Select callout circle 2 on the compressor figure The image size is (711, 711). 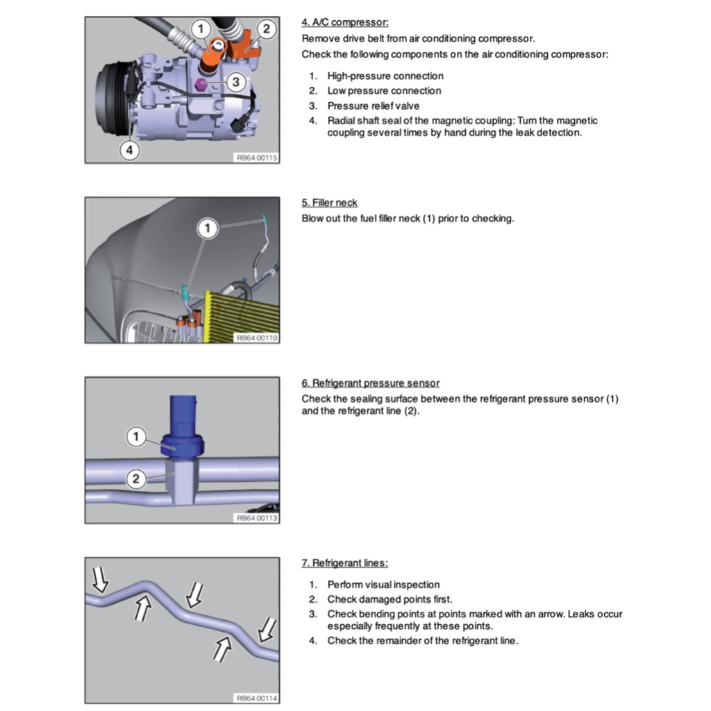coord(266,29)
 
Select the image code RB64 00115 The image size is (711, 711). coord(256,158)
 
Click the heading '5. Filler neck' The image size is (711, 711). coord(330,203)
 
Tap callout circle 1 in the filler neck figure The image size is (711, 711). coord(206,227)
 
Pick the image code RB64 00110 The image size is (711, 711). coord(256,337)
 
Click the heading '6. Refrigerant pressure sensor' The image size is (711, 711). coord(370,383)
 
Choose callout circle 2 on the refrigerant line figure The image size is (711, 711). coord(137,478)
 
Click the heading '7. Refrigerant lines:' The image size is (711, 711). coord(344,563)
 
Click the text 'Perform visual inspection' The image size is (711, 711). coord(383,585)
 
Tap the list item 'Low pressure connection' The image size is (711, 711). coord(384,91)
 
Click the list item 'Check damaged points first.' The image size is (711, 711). coord(390,599)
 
